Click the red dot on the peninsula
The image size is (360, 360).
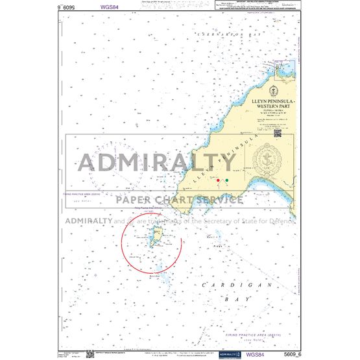(x=219, y=180)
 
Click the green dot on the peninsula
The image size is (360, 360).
(x=226, y=180)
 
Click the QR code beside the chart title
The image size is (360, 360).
(x=278, y=133)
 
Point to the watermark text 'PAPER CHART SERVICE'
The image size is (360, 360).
(x=180, y=199)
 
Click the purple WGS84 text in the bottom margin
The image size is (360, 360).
(x=255, y=354)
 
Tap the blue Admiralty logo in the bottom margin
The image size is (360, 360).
(x=228, y=354)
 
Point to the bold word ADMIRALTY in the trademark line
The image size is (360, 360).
(x=87, y=221)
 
